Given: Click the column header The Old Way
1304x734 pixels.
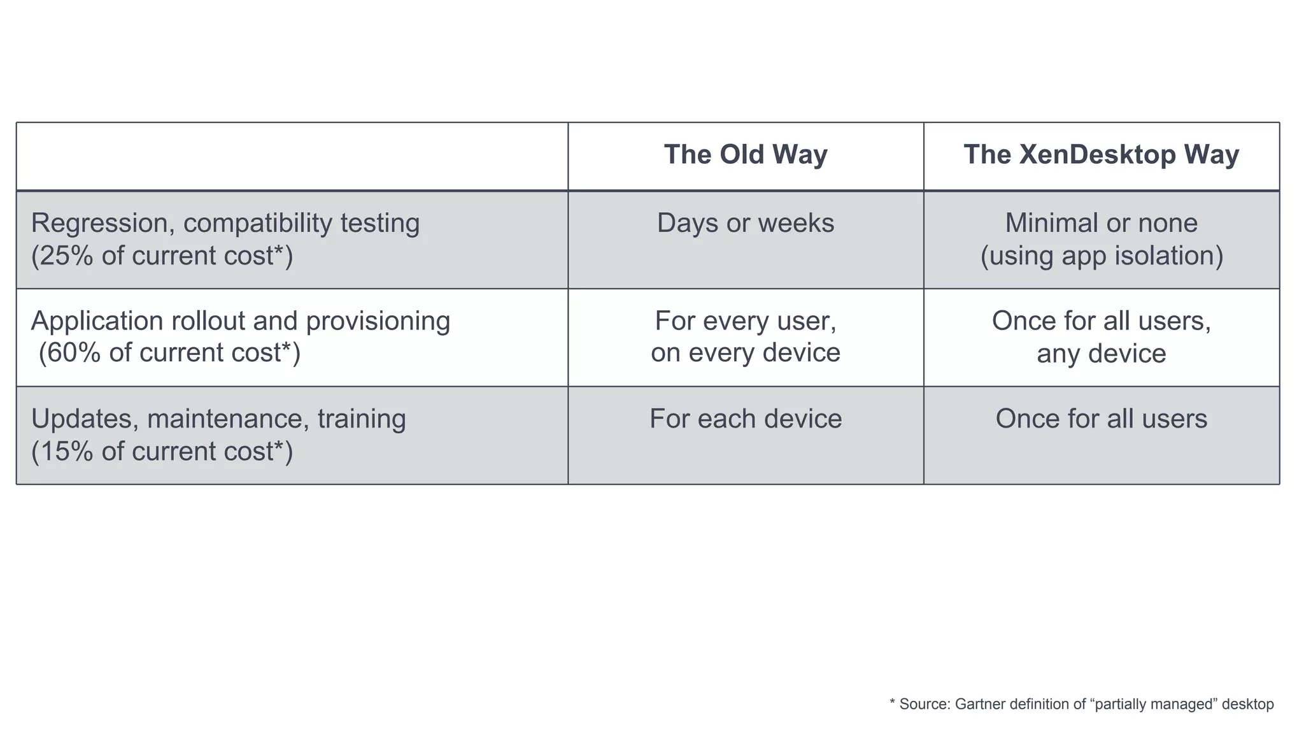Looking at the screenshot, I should tap(746, 155).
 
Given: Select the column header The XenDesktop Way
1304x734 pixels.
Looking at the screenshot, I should tap(1101, 155).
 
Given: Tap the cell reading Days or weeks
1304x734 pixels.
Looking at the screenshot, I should tap(746, 223).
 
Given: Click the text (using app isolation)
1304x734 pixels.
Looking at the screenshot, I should tap(1102, 256).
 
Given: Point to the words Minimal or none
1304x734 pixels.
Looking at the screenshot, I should tap(1101, 223).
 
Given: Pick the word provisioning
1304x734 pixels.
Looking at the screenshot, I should tap(378, 321).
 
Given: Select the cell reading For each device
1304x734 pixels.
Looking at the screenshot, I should tap(746, 419).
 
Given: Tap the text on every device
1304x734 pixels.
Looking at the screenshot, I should tap(746, 353).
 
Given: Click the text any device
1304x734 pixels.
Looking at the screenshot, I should tap(1101, 354).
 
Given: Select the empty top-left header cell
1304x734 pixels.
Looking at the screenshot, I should tap(292, 156).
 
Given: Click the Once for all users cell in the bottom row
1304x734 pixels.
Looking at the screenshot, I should tap(1101, 419).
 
